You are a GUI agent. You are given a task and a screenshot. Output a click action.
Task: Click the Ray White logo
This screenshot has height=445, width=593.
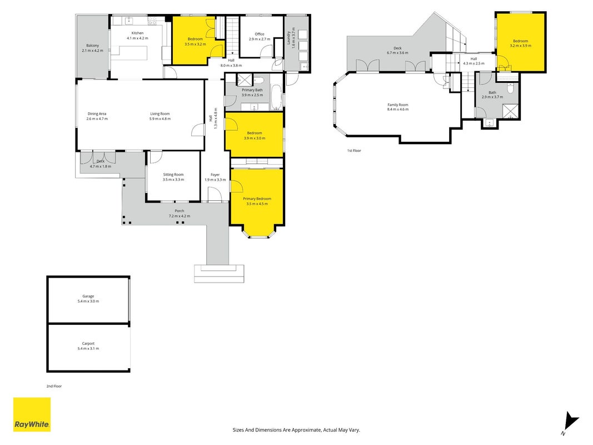pos(32,414)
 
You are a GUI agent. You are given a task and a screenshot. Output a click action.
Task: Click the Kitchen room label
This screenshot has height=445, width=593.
pos(137,33)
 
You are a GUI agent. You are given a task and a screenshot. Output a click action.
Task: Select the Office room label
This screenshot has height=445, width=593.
pos(260,34)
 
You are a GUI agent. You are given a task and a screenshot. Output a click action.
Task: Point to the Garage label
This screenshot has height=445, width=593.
pos(88,296)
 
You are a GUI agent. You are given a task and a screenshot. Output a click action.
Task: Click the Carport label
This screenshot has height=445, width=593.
pos(88,344)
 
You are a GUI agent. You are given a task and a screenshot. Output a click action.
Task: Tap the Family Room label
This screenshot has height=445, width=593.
pos(398,105)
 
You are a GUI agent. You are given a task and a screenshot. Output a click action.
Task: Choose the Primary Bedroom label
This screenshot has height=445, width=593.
pos(257,199)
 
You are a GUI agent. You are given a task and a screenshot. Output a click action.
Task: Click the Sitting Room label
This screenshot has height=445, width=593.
pos(173,175)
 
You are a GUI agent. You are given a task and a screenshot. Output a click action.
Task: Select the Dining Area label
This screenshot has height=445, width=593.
pos(97,113)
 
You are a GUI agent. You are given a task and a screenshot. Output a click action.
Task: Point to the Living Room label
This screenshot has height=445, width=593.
pos(160,113)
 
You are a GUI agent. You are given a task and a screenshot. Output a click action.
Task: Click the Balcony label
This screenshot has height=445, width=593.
pos(93,46)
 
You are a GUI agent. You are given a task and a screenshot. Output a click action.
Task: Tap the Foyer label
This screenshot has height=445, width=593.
pos(215,175)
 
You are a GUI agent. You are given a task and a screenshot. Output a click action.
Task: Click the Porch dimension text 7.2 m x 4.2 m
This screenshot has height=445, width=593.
pos(180,216)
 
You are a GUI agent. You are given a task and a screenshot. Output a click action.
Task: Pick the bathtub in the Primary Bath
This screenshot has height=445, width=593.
pos(276,97)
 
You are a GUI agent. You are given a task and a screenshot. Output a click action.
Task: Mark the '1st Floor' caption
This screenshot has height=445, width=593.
pos(354,151)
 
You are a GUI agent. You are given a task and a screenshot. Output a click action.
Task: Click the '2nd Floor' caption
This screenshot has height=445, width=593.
pos(54,387)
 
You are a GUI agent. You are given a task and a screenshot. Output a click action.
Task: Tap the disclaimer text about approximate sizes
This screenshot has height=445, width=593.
pos(296,430)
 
